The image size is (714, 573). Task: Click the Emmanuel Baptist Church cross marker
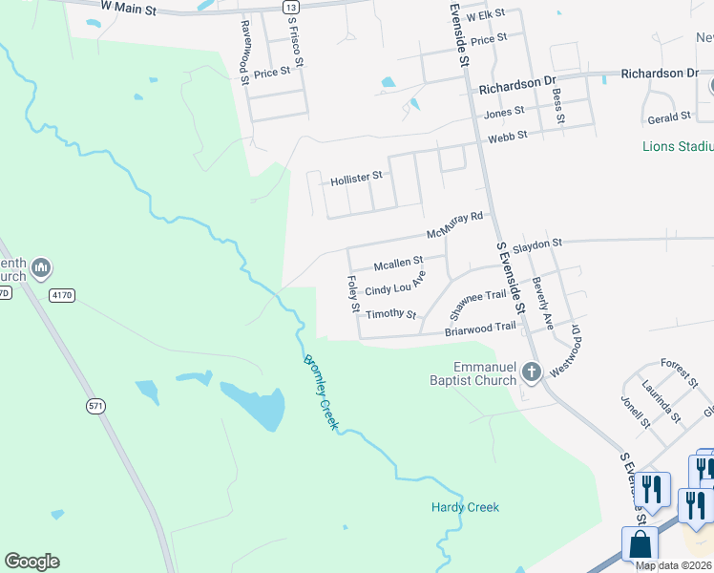click(x=531, y=374)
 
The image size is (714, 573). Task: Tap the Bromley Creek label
click(x=320, y=393)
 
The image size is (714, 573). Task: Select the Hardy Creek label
click(x=465, y=507)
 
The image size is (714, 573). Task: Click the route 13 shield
click(x=290, y=7)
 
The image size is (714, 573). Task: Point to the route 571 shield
click(x=95, y=406)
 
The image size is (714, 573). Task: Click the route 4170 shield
click(x=62, y=296)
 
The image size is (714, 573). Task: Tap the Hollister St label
click(x=355, y=178)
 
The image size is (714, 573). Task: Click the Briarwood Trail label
click(x=480, y=329)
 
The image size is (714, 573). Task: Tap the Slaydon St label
click(x=538, y=245)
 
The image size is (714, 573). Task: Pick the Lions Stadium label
click(x=678, y=147)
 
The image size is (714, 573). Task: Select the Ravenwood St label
click(x=244, y=53)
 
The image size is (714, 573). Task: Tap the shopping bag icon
click(x=640, y=545)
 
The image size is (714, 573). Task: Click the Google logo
click(x=31, y=562)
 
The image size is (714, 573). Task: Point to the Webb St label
click(x=507, y=138)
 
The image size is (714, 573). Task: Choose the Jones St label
click(x=505, y=113)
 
